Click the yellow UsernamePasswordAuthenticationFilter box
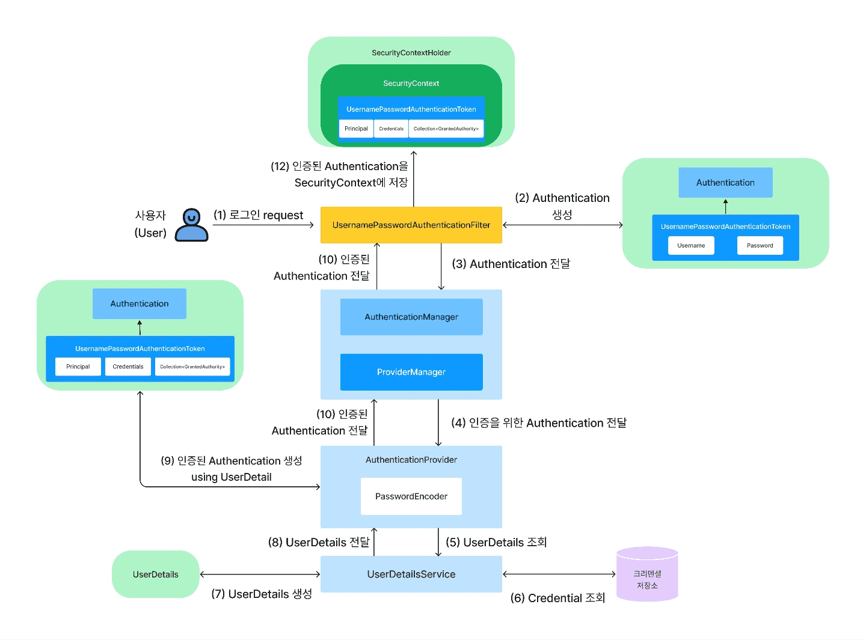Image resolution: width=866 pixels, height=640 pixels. (x=411, y=225)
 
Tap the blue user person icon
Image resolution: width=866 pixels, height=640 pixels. (x=191, y=225)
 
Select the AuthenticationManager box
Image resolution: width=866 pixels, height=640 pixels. (x=411, y=317)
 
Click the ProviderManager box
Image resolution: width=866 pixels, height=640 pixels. (x=411, y=372)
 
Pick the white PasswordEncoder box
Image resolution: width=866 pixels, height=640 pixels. (x=411, y=496)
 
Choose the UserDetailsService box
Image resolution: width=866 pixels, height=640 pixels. (x=411, y=574)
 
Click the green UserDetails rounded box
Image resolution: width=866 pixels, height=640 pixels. (x=155, y=574)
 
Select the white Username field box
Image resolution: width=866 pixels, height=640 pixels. (x=691, y=245)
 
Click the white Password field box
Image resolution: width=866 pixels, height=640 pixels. (x=760, y=245)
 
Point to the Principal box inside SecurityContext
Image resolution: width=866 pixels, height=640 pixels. (x=356, y=129)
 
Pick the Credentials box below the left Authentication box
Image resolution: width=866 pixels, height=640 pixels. (x=128, y=367)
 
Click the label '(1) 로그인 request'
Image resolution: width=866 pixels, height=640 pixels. (x=259, y=215)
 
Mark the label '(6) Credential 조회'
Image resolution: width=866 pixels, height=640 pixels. (x=557, y=598)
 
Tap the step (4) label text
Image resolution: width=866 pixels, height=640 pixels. (x=538, y=423)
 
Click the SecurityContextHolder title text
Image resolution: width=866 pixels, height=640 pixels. (x=411, y=53)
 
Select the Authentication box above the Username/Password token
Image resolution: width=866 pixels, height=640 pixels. (x=725, y=183)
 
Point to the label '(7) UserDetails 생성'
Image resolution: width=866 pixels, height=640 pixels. (x=262, y=594)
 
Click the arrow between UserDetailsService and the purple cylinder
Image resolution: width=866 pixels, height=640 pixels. (x=559, y=574)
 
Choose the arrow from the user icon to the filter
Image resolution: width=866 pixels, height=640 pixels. (x=263, y=225)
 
